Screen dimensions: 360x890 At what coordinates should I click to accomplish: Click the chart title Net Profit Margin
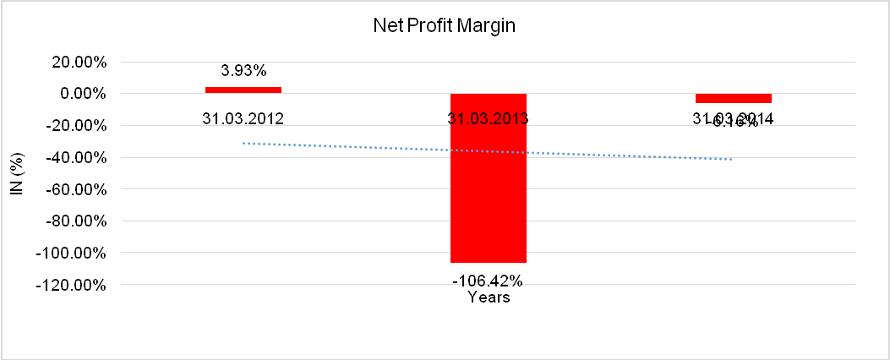445,26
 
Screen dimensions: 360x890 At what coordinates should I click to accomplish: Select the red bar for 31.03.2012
243,90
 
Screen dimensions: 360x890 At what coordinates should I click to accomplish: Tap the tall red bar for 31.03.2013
489,177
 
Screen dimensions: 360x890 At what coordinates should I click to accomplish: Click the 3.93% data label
243,71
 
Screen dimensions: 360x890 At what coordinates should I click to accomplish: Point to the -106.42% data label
489,281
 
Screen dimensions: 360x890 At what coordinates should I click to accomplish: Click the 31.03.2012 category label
243,118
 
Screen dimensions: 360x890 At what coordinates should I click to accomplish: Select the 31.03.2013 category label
489,118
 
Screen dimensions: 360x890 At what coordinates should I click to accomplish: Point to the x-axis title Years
489,297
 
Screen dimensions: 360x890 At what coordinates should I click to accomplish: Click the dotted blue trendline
380,148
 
